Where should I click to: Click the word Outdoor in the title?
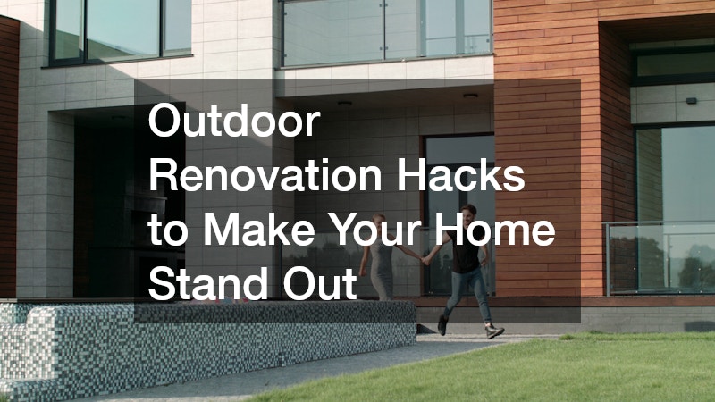234,121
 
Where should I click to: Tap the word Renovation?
265,175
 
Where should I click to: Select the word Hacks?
460,175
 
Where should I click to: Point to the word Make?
258,230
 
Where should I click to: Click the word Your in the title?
374,230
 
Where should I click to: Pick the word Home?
494,230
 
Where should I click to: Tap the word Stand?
208,283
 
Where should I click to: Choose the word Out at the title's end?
320,283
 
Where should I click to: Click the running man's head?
468,214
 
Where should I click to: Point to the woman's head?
379,222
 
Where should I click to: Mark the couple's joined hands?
425,260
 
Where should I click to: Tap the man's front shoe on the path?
494,331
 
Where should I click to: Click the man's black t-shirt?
464,250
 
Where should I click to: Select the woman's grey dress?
382,270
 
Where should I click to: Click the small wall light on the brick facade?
691,101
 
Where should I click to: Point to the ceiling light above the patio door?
470,96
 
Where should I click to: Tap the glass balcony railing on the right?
660,258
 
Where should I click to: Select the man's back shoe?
442,325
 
